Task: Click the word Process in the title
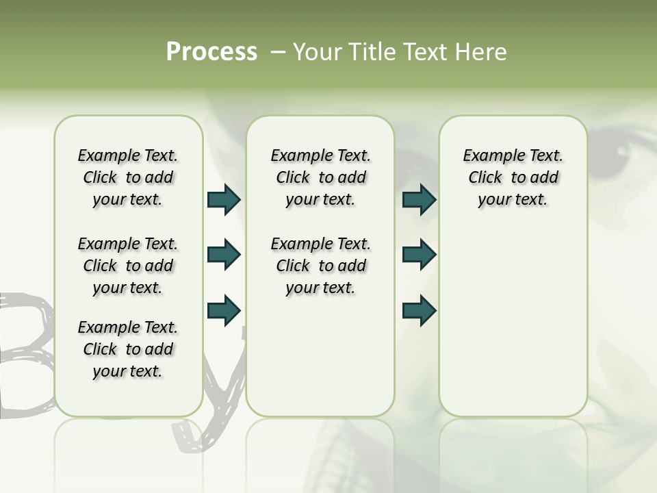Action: [211, 52]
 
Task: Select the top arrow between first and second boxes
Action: [224, 199]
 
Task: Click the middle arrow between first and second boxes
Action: [224, 255]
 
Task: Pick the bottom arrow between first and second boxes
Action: [224, 310]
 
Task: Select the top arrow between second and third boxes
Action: [419, 199]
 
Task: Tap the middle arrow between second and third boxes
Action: [419, 255]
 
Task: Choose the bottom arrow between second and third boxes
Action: [419, 310]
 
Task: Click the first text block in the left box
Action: [128, 177]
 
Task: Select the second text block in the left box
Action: [128, 266]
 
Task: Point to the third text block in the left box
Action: [128, 349]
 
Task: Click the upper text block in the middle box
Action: [320, 177]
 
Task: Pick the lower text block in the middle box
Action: [320, 266]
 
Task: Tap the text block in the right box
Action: [513, 177]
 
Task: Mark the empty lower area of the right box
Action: [513, 322]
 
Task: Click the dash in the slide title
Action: [278, 52]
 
